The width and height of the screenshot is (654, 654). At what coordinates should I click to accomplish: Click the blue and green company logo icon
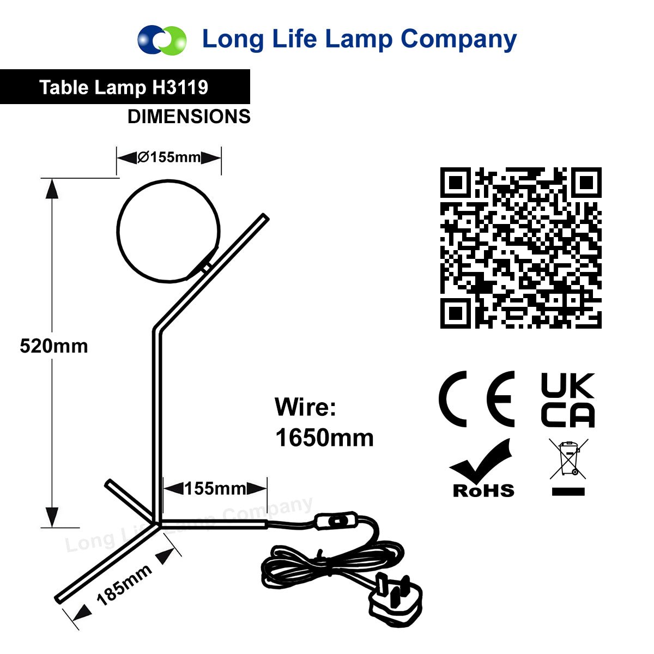(162, 39)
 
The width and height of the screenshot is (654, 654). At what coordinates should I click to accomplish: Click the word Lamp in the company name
(359, 40)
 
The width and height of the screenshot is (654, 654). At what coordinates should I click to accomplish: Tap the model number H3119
(180, 87)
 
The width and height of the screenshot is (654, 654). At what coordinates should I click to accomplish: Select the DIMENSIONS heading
(189, 117)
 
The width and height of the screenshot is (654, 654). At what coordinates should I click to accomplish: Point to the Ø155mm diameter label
(169, 157)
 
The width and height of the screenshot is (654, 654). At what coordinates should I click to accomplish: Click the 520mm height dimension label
(54, 346)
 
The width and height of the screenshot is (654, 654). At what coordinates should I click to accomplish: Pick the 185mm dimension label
(124, 590)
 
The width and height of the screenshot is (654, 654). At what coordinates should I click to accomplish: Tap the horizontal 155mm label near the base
(215, 489)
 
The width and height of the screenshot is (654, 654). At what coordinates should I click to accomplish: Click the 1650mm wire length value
(324, 438)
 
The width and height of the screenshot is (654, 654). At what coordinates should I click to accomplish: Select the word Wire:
(305, 407)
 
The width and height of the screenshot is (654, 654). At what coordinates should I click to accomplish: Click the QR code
(520, 248)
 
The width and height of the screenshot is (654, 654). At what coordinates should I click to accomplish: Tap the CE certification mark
(476, 399)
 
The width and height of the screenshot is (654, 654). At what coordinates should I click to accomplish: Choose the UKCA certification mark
(567, 400)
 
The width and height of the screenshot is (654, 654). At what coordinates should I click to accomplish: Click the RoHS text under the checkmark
(483, 491)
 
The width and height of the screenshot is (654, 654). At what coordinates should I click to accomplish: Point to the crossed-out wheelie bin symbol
(568, 459)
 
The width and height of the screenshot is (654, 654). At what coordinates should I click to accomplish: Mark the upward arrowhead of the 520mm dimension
(52, 189)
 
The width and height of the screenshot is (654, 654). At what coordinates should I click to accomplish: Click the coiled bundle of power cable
(331, 564)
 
